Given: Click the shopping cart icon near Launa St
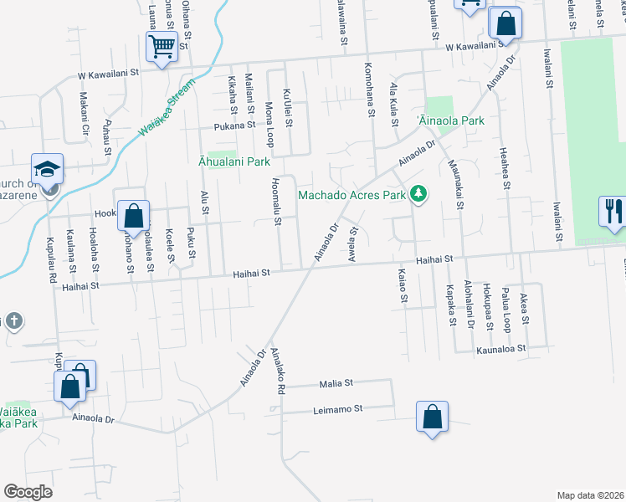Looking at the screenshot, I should (162, 47).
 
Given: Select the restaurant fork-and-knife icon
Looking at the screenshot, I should (613, 211).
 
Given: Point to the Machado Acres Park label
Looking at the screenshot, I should (352, 196).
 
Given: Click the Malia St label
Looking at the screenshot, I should (336, 383).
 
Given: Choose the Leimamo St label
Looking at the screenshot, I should (336, 409).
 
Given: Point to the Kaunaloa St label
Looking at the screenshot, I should (500, 347).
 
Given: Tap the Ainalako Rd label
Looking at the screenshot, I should (278, 372).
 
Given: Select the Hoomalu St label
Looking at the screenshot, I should (276, 203).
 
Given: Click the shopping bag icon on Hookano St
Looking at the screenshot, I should (133, 216).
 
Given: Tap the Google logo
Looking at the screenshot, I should (28, 492).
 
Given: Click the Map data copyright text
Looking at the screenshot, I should (589, 495).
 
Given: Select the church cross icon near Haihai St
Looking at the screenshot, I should (12, 321).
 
